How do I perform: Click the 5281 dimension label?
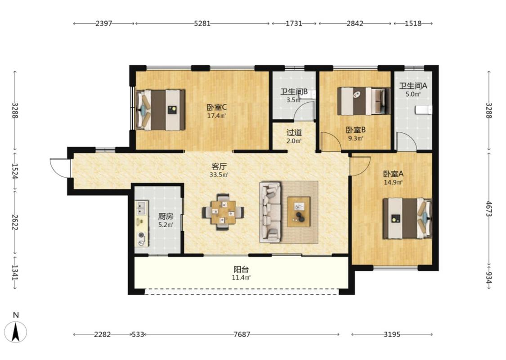coord(202,23)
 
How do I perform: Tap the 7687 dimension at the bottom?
coord(242,334)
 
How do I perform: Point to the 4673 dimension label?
coord(489,209)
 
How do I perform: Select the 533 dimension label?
coord(138,334)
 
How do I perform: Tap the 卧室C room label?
coord(216,107)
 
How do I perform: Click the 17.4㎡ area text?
coord(216,116)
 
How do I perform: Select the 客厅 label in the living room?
coord(219,166)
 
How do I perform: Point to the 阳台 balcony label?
coord(242,269)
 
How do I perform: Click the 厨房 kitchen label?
coord(166,216)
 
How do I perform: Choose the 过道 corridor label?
coord(294,132)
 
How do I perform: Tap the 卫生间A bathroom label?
coord(413,86)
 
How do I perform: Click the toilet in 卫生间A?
coord(423,110)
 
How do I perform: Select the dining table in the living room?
coord(223,212)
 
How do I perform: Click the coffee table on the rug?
coord(299,212)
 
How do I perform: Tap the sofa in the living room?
coord(270,212)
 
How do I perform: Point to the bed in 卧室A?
coord(407,219)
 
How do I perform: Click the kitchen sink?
coord(141,207)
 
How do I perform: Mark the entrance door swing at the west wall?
coord(60,168)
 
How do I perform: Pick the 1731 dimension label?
coord(294,23)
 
